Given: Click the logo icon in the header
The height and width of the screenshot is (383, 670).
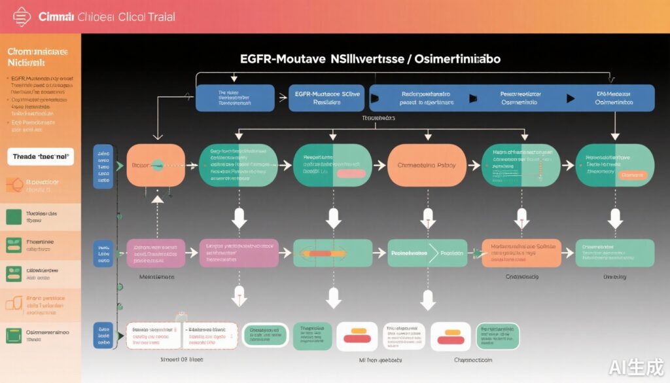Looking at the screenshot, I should pos(22,16).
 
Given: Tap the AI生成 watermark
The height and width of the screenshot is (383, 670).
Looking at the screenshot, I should pos(635,366).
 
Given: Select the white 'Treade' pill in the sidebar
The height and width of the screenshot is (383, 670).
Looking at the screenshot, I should pos(41,156).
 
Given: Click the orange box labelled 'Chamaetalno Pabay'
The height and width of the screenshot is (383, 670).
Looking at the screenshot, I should pos(427,166).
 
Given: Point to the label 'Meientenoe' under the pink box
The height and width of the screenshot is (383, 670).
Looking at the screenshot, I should pos(156,277).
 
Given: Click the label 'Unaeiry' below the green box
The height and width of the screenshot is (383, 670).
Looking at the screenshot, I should pos(614,277).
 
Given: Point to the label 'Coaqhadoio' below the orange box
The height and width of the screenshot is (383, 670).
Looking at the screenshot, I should pos(521,277).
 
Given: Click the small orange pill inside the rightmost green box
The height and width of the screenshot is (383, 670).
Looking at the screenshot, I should pos(633,175).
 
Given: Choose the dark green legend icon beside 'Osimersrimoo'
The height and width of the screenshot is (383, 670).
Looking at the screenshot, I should pos(14,335).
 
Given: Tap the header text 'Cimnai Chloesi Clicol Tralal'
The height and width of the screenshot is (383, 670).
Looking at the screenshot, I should pos(107,16).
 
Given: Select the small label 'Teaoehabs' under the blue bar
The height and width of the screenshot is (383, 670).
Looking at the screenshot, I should pos(378,119).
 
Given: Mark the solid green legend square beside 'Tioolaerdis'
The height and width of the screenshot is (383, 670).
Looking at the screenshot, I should pos(14,217).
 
